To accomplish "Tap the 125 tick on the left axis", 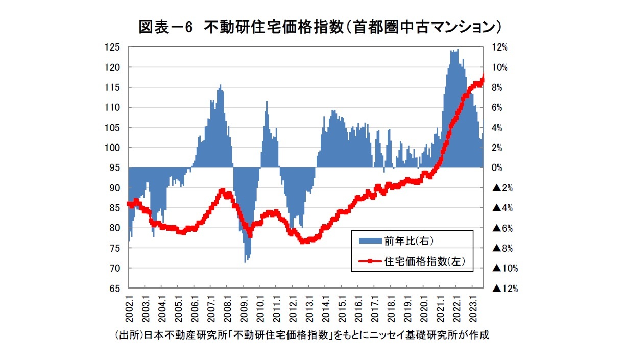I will pos(113,47).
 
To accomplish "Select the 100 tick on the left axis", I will pos(113,148).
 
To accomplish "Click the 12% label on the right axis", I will pos(500,47).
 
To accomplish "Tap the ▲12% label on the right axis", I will pos(505,289).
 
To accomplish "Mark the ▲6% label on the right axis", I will pos(502,228).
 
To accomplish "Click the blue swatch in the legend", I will pos(370,240).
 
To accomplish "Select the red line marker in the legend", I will pos(370,262).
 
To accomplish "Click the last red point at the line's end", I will pos(483,75).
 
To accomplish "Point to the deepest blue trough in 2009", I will pos(246,261).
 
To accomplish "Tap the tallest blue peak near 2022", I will pos(458,50).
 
